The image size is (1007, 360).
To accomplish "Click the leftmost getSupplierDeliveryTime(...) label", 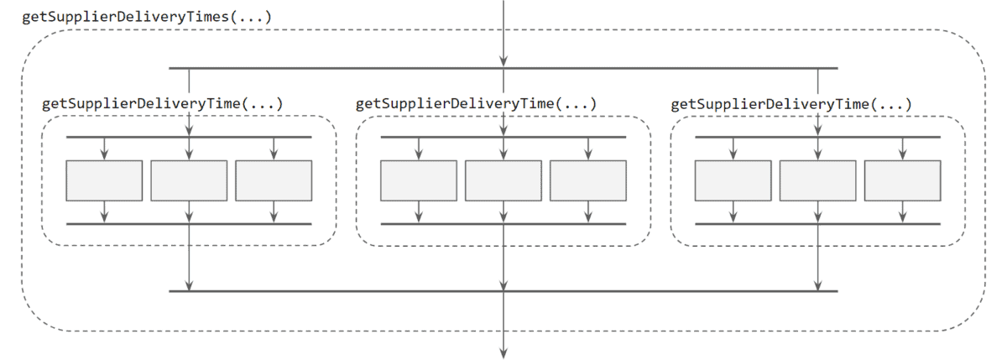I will (162, 104).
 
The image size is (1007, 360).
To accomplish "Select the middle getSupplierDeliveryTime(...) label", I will (476, 104).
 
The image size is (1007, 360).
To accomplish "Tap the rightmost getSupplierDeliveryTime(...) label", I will (791, 104).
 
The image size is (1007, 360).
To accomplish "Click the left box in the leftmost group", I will (104, 180).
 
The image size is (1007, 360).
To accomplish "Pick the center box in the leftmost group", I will (189, 180).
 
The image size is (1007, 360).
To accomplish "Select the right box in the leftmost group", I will (274, 180).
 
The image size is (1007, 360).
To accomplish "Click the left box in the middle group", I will (419, 180).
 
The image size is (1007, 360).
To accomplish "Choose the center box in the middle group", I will (503, 180).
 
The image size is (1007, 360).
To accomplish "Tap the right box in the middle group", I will (588, 180).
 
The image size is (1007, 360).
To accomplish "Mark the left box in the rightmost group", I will (733, 180).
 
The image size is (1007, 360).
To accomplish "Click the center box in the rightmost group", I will (818, 180).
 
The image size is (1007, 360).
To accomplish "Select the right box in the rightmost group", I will (903, 180).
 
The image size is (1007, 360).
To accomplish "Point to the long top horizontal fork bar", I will (336, 68).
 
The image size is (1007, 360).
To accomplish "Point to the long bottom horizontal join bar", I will (336, 291).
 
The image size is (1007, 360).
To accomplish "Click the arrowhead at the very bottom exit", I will (503, 352).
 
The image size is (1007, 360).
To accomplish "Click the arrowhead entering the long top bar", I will (503, 61).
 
